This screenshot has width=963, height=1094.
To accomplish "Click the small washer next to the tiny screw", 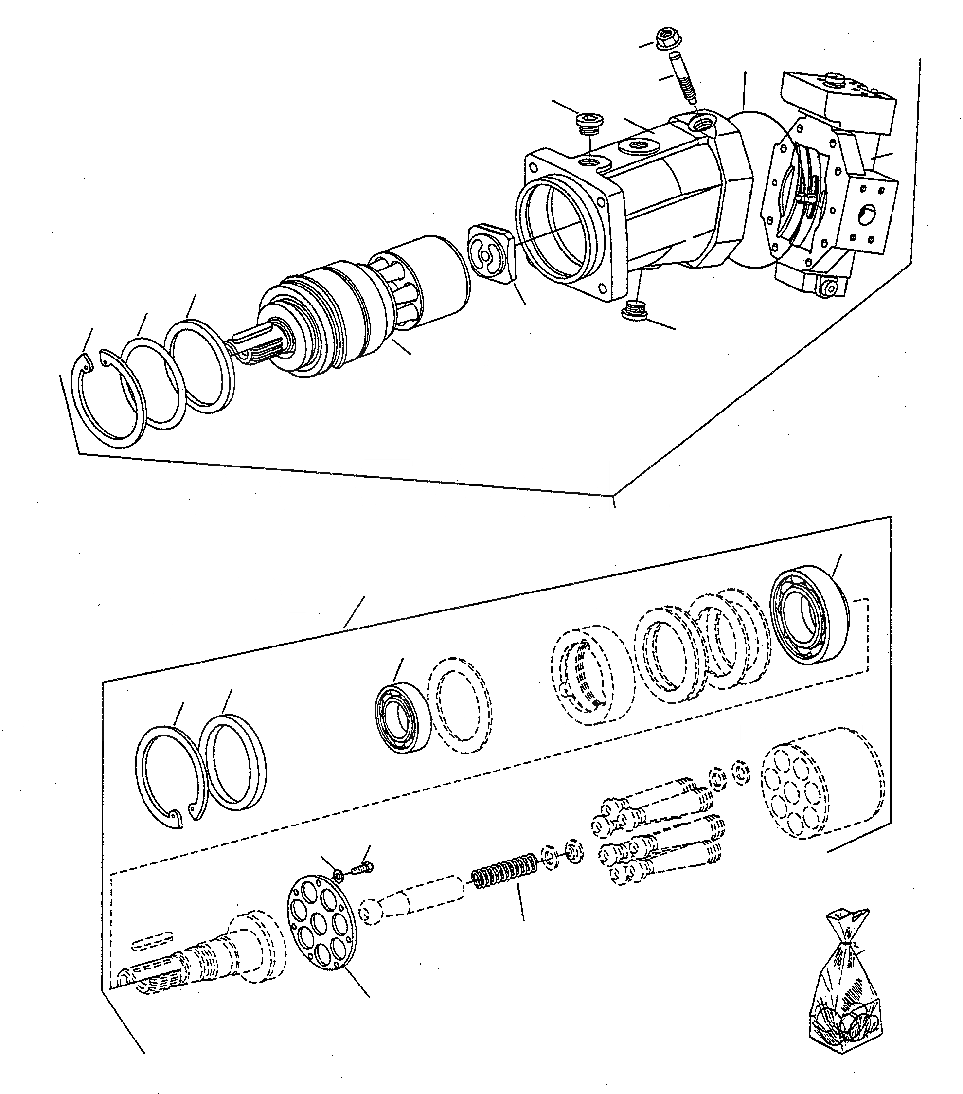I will click(x=339, y=875).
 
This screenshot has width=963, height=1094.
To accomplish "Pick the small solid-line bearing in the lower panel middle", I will click(x=401, y=717).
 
